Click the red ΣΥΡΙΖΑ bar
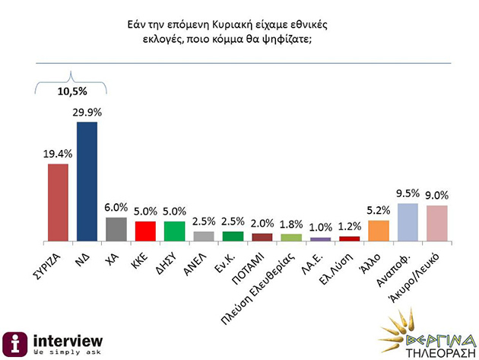pyautogui.click(x=59, y=202)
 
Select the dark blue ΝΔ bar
pyautogui.click(x=87, y=180)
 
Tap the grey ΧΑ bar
pyautogui.click(x=116, y=228)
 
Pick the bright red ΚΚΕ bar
pyautogui.click(x=144, y=231)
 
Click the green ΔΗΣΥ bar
pyautogui.click(x=174, y=231)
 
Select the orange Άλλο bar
pyautogui.click(x=378, y=230)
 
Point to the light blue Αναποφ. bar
pyautogui.click(x=408, y=221)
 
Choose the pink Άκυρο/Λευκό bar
pyautogui.click(x=436, y=222)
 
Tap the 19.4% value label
pyautogui.click(x=58, y=154)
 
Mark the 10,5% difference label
pyautogui.click(x=73, y=92)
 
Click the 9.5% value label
pyautogui.click(x=408, y=193)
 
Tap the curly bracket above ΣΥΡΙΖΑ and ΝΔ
pyautogui.click(x=72, y=80)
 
